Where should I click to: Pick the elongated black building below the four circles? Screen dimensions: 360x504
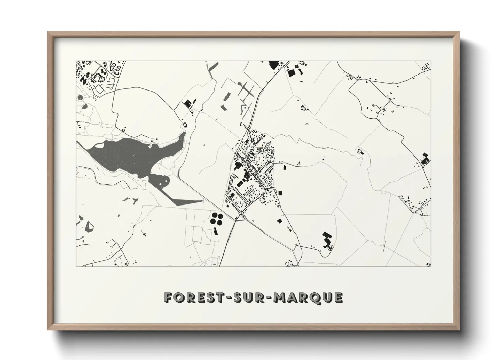pyautogui.click(x=215, y=231)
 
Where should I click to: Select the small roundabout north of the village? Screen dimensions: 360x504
pyautogui.click(x=249, y=129)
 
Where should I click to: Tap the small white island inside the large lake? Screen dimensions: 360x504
pyautogui.click(x=99, y=146)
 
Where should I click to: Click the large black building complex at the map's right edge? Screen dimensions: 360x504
pyautogui.click(x=425, y=160)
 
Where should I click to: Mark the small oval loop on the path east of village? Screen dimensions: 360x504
pyautogui.click(x=384, y=193)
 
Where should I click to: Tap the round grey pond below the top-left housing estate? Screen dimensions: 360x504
pyautogui.click(x=80, y=98)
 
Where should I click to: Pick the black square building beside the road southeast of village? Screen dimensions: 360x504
pyautogui.click(x=280, y=221)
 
